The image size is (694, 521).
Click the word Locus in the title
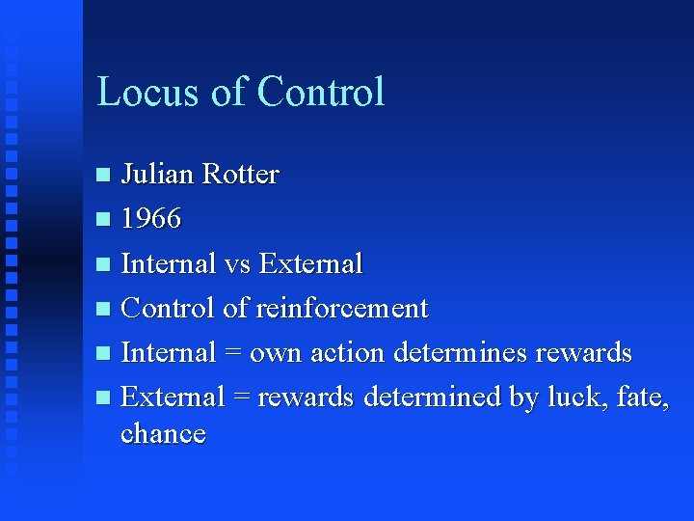(x=148, y=92)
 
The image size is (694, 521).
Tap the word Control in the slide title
(x=321, y=92)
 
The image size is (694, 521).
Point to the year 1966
(x=151, y=219)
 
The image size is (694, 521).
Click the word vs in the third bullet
(x=238, y=263)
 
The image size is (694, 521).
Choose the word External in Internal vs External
(x=311, y=263)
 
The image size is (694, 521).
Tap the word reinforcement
(x=341, y=308)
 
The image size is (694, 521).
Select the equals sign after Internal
(x=232, y=352)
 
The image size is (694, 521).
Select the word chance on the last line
(x=163, y=433)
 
